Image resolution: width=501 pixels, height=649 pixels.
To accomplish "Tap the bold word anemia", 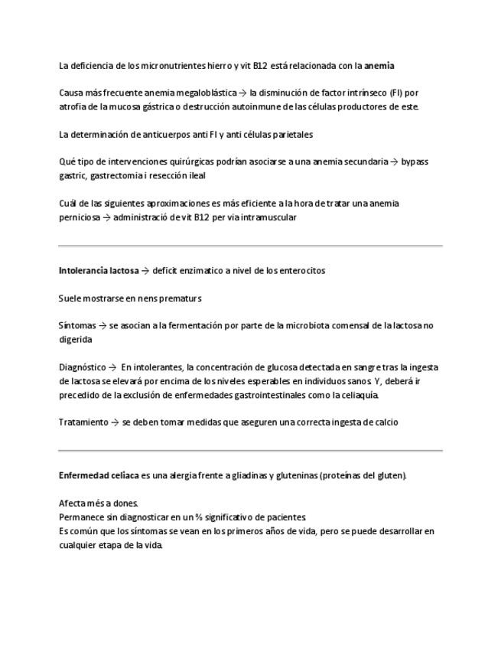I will [379, 66].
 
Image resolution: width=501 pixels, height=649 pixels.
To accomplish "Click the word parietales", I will [288, 135].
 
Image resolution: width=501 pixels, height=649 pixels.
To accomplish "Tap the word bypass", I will [415, 162].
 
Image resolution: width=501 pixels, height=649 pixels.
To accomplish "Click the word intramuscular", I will [265, 217].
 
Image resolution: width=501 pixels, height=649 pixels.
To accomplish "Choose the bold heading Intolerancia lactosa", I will [99, 271].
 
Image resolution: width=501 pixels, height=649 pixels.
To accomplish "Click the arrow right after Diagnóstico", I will [112, 367].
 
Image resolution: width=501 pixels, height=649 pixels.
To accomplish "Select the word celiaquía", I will [355, 396].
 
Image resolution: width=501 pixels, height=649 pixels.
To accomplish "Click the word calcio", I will [385, 422].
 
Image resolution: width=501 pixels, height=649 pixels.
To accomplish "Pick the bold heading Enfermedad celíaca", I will [99, 476].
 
